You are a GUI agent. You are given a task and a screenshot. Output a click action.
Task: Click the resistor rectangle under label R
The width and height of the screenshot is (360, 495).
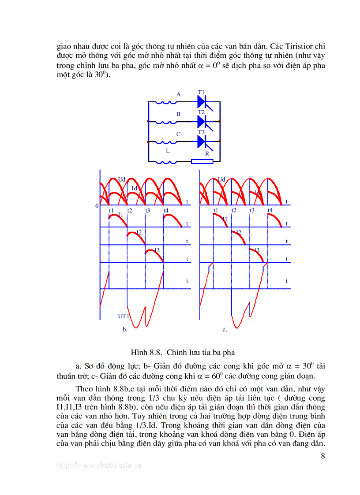click(x=202, y=161)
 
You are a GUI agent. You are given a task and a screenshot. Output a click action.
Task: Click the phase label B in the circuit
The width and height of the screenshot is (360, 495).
click(x=178, y=114)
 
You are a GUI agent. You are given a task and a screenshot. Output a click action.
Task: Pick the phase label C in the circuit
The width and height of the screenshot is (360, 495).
click(x=178, y=134)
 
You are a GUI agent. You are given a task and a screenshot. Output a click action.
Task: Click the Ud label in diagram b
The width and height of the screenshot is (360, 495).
click(x=122, y=179)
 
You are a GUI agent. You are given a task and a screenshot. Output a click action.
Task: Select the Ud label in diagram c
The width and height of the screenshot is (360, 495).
click(x=221, y=179)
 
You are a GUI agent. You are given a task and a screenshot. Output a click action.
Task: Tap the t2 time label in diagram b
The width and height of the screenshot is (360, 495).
click(x=129, y=211)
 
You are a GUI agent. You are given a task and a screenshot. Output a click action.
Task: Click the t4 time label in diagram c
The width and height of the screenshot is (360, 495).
click(x=270, y=211)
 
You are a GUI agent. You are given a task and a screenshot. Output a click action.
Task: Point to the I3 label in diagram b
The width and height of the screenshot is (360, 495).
click(x=157, y=250)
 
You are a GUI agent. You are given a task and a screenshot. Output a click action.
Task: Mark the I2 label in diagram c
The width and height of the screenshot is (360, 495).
click(x=239, y=232)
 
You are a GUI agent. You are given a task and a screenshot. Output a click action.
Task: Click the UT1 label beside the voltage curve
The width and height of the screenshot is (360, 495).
click(x=123, y=316)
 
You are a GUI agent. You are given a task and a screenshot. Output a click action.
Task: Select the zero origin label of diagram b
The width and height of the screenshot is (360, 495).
click(x=97, y=206)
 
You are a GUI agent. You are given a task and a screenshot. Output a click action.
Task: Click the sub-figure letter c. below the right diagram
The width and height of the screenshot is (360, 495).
click(x=225, y=329)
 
